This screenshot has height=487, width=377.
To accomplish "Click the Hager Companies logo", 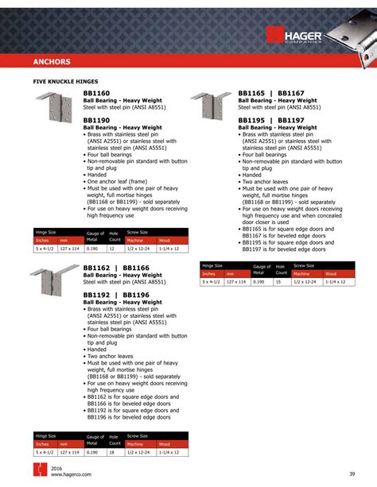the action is coord(296,36).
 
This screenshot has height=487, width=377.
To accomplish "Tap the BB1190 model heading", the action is coord(96,120).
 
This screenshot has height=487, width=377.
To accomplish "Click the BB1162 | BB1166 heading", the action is coord(116,269).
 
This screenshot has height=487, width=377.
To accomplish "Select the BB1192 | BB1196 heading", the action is coord(116,295).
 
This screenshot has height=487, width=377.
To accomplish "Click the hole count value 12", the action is coord(112,249).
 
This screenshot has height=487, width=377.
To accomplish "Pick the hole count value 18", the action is coord(112,451).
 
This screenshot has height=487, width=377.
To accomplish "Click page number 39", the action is coord(352,474).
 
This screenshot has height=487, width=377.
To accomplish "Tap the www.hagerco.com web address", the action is coord(72,475).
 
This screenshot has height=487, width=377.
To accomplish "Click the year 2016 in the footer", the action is coord(57,468).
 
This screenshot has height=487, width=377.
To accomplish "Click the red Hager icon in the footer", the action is coord(39,470).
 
